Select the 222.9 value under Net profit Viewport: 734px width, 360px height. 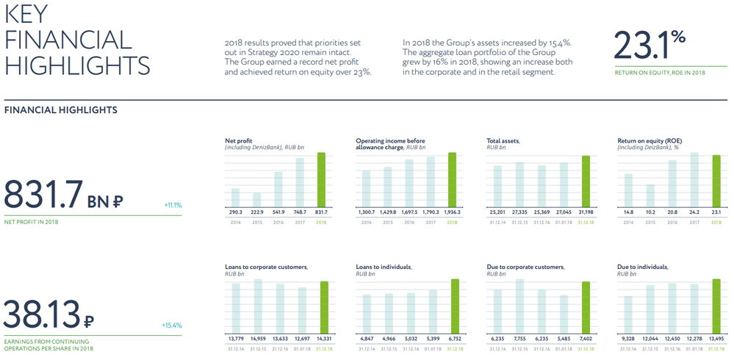(257, 212)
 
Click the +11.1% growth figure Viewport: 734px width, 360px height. (172, 205)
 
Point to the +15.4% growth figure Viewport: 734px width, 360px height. (172, 325)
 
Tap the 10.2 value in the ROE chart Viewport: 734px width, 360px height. (650, 212)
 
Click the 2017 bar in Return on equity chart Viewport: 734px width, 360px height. (694, 179)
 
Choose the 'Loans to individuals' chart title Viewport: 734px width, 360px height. (384, 267)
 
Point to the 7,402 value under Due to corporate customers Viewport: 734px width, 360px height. (585, 338)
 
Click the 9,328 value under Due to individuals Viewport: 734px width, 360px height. (628, 338)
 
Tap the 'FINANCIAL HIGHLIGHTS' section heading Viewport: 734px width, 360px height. (61, 110)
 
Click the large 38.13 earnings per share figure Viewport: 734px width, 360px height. (43, 314)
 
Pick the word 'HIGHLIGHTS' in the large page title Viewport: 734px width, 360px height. (77, 65)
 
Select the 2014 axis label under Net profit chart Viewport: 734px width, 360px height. (235, 221)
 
